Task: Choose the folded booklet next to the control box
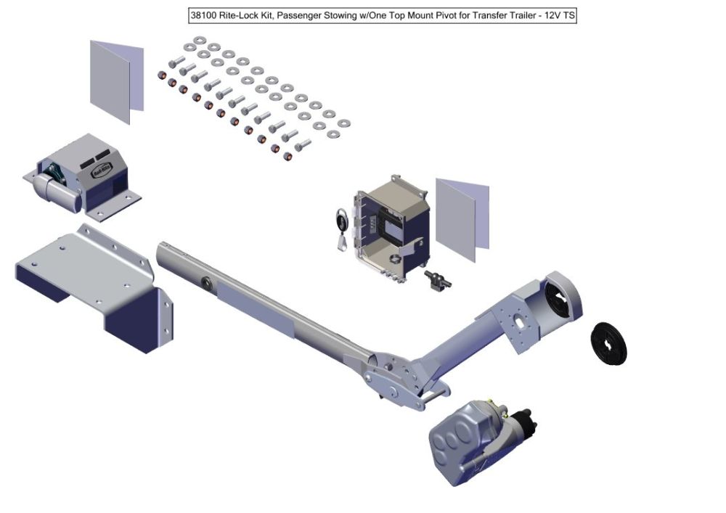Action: pos(462,218)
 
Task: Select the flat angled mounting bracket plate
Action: pos(94,287)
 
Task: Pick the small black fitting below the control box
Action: pos(437,280)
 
